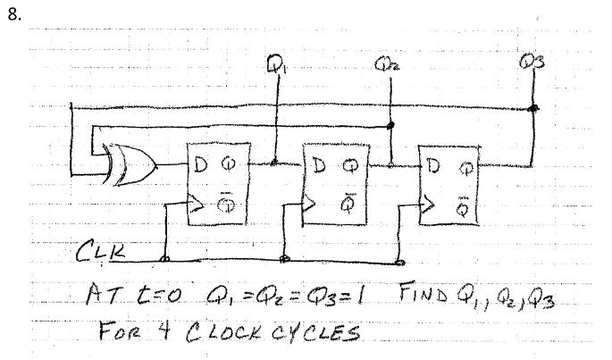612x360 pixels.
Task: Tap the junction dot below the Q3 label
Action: tap(533, 109)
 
